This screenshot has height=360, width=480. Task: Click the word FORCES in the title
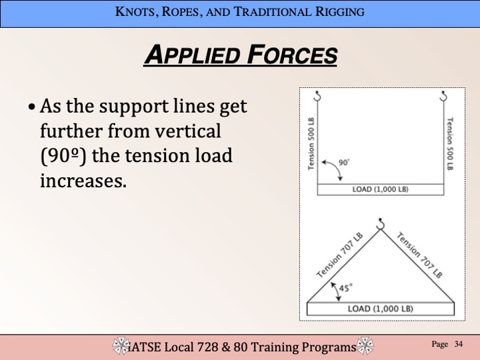[292, 55]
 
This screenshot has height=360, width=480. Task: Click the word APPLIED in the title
[192, 55]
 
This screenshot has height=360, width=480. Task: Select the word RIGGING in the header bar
[340, 11]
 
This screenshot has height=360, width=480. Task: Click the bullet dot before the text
[31, 107]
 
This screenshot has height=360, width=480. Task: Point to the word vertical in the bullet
[187, 131]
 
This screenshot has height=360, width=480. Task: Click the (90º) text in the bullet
[63, 156]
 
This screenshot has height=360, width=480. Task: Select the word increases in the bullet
[83, 181]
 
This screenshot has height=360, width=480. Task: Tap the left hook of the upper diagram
[317, 96]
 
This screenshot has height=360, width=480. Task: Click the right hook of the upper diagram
[443, 96]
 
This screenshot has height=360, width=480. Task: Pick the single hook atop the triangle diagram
[380, 224]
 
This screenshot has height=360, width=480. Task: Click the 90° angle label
[344, 162]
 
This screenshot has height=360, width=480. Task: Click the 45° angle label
[345, 288]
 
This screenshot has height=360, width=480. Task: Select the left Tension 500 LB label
[311, 143]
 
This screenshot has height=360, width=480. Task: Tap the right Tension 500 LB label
[450, 143]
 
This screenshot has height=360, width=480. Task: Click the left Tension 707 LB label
[340, 255]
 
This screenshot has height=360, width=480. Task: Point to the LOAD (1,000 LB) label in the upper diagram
[380, 189]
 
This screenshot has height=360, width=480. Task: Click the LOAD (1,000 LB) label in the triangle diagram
[380, 309]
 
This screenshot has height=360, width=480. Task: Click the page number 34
[458, 344]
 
